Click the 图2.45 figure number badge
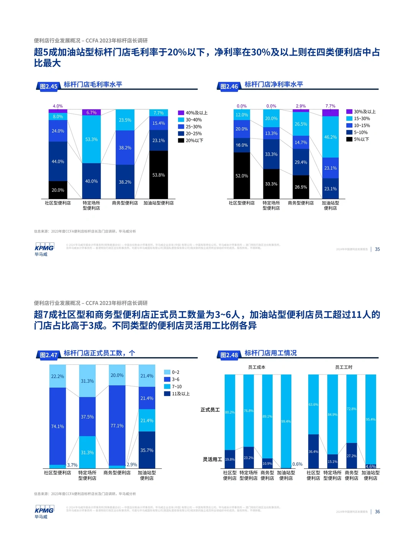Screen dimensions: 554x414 pos(48,86)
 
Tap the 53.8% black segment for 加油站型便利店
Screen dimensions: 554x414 pos(158,175)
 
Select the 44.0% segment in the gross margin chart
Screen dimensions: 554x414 pos(58,162)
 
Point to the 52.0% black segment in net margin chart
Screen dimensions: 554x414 pos(242,176)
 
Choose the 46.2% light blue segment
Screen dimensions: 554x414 pos(330,137)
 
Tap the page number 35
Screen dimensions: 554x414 pos(377,249)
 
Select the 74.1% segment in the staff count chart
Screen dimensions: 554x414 pos(58,426)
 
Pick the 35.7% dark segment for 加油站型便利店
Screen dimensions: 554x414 pos(147,450)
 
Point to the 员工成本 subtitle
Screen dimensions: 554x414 pos(256,367)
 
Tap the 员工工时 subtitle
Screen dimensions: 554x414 pos(343,367)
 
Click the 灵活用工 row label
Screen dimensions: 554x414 pos(212,459)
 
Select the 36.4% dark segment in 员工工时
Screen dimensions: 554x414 pos(313,452)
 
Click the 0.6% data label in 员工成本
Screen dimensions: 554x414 pos(297,464)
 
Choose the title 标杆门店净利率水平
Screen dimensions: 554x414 pos(274,84)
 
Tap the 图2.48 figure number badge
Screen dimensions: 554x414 pos(229,355)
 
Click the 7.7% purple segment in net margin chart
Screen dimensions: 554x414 pos(330,113)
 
